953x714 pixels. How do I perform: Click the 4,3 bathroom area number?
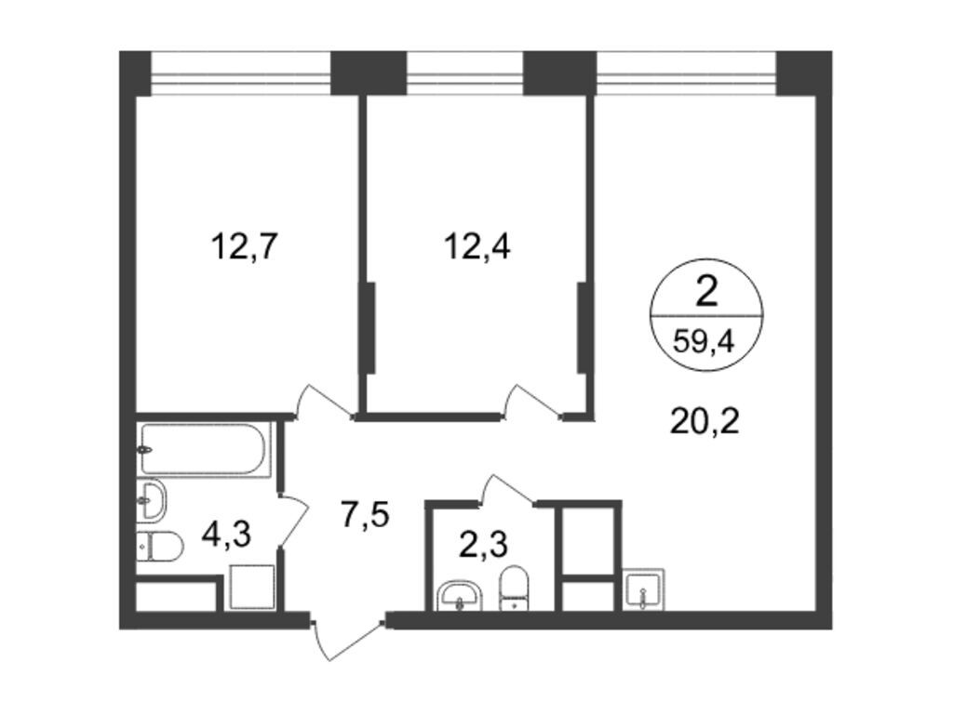[x=227, y=534]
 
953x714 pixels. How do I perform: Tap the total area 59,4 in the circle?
[x=705, y=341]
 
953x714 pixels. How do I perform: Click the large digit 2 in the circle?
[x=706, y=293]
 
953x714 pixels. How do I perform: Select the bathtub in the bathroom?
[x=205, y=450]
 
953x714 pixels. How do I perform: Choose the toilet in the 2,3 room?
[x=514, y=588]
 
